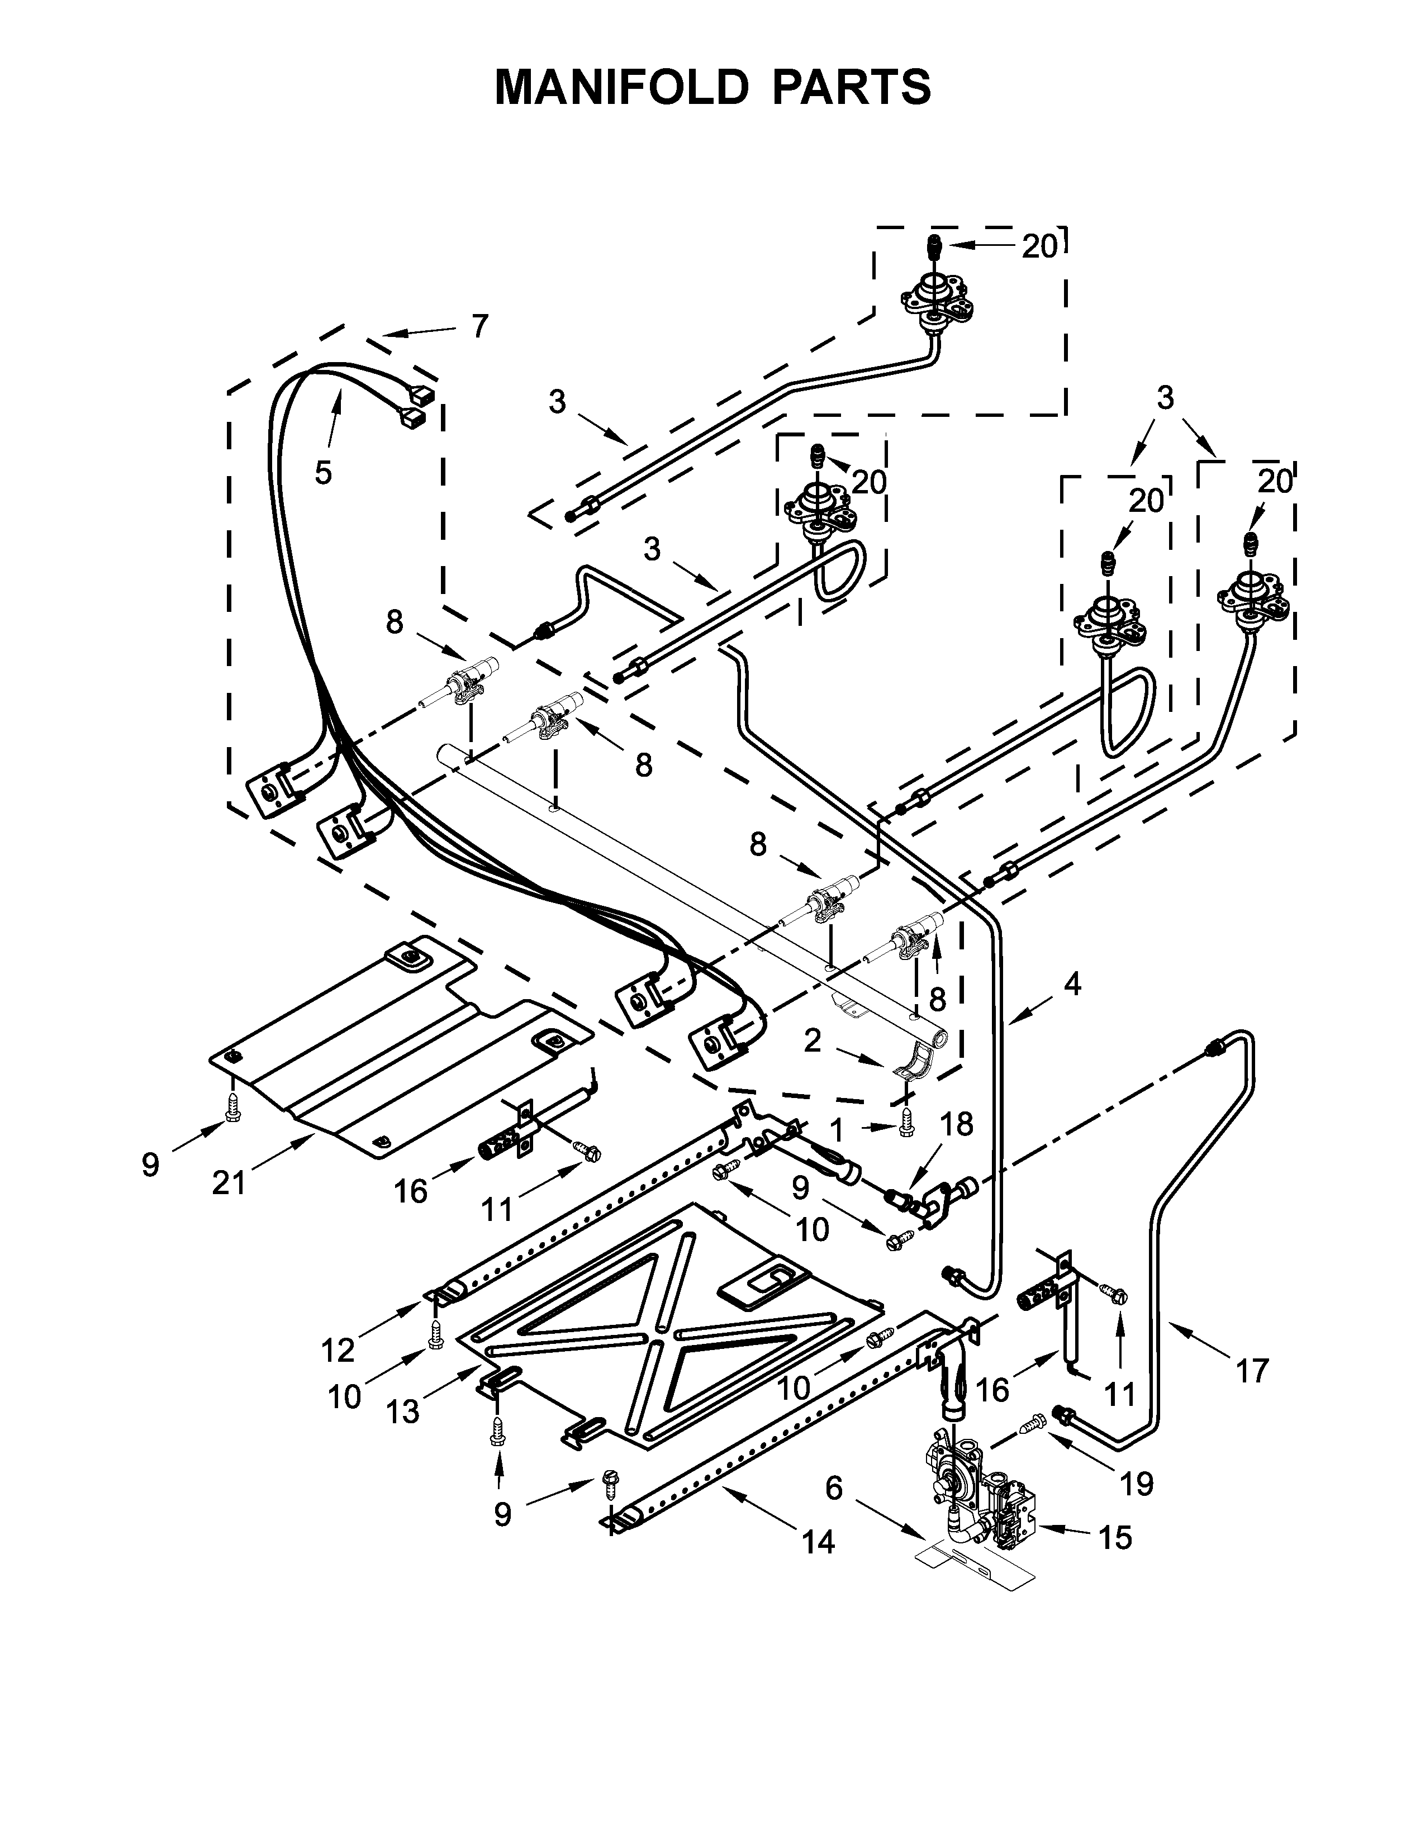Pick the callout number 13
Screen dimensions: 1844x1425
pos(403,1411)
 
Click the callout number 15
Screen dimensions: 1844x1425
pos(1115,1538)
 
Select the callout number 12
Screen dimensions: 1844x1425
pos(338,1351)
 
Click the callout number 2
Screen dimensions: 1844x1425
pos(811,1040)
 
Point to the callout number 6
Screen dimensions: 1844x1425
pos(833,1487)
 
